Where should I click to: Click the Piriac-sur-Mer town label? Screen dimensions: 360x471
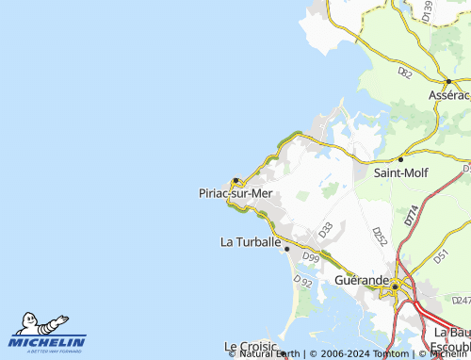tap(235, 193)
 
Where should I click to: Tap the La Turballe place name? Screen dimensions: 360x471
tap(251, 242)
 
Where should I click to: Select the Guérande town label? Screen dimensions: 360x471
tap(362, 281)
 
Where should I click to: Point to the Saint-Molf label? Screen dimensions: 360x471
tap(401, 172)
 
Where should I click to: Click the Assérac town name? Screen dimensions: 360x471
tap(447, 95)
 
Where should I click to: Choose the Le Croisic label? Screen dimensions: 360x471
tap(252, 347)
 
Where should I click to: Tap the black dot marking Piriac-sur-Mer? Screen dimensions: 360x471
tap(235, 180)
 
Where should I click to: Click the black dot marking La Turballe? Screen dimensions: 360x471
tap(286, 249)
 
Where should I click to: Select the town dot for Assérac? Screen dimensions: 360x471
tap(447, 82)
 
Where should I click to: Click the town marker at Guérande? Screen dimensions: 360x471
tap(397, 284)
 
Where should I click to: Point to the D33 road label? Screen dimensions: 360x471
tap(325, 229)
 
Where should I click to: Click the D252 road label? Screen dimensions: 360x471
tap(379, 237)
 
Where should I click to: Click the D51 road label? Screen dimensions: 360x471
tap(438, 254)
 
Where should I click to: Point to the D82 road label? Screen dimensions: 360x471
tap(405, 71)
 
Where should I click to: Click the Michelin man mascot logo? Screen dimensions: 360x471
tap(36, 324)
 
